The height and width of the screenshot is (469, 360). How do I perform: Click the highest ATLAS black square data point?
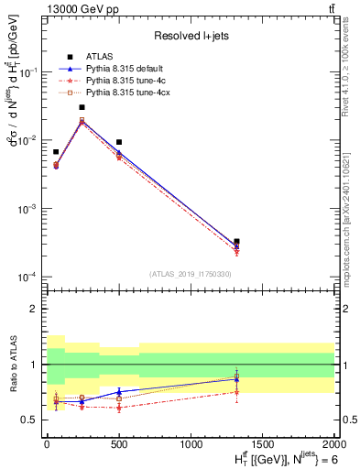click(82, 107)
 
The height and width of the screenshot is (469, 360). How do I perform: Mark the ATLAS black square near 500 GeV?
click(119, 142)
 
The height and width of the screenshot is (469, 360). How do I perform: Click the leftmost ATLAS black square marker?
click(56, 152)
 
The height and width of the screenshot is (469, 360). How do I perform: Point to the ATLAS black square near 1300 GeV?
click(237, 242)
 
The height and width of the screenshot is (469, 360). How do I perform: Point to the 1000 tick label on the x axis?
click(191, 444)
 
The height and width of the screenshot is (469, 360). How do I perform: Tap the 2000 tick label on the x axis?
click(334, 444)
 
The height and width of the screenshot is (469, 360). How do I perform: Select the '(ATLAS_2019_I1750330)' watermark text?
click(191, 274)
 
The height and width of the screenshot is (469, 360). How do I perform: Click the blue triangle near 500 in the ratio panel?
click(119, 392)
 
